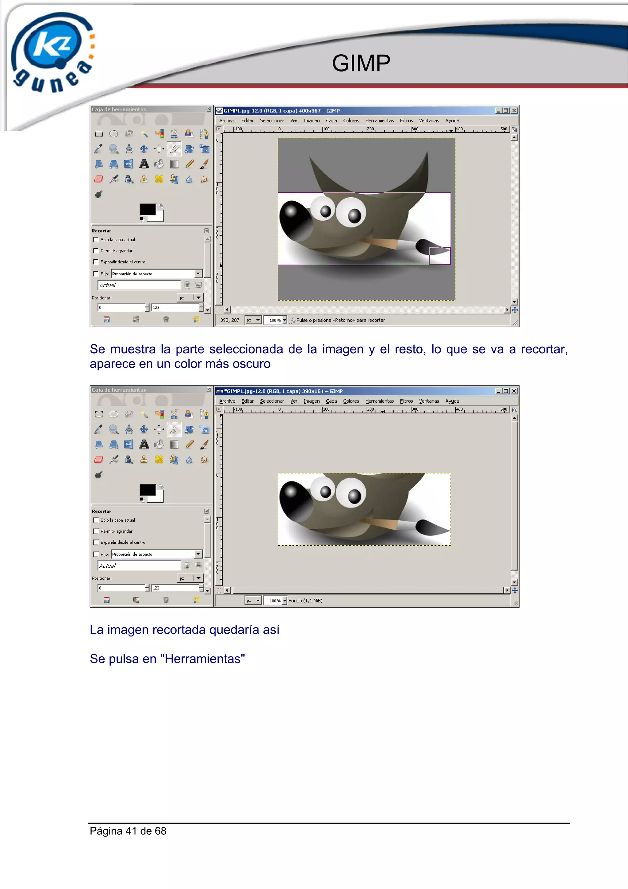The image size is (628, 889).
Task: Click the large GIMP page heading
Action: point(361,63)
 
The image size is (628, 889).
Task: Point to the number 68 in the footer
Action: point(160,831)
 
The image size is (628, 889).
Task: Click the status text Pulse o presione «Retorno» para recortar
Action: point(340,320)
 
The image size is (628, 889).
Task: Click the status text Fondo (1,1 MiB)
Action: point(305,601)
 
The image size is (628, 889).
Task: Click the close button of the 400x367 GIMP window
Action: point(514,111)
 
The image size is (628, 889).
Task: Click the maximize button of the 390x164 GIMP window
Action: point(506,391)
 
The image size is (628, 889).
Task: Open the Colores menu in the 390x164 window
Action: point(351,401)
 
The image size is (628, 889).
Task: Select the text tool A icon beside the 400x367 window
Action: point(144,164)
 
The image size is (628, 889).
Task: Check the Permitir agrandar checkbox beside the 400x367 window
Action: point(96,251)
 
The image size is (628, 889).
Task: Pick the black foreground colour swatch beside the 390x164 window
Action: point(147,490)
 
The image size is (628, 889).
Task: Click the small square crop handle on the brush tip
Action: point(439,256)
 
